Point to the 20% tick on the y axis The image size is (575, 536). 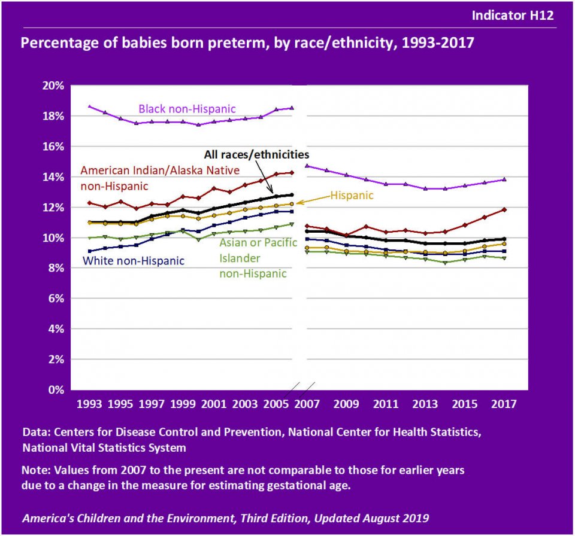click(x=54, y=86)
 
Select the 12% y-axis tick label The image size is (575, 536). click(x=54, y=208)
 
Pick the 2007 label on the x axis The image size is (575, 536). click(x=307, y=404)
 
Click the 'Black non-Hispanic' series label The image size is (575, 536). click(x=187, y=109)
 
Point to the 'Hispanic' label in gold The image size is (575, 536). click(x=352, y=195)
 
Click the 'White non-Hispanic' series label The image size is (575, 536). click(x=134, y=261)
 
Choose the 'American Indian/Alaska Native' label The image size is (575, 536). click(x=160, y=170)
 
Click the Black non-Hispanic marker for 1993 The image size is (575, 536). click(x=89, y=106)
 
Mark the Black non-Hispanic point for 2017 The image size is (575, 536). click(x=505, y=179)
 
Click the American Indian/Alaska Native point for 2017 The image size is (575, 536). click(x=505, y=209)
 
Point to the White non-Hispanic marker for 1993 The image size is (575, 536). click(x=89, y=251)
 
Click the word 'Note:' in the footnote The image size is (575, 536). click(x=35, y=470)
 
